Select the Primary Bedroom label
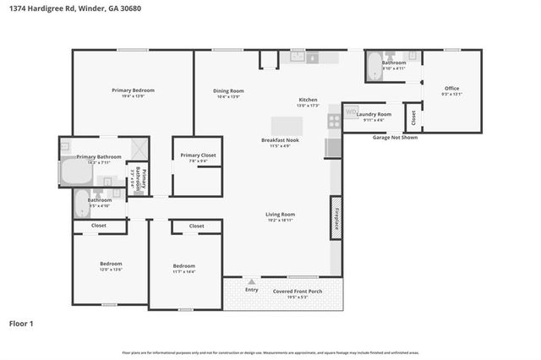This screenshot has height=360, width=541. point(133,90)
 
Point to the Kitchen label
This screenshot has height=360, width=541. point(307,100)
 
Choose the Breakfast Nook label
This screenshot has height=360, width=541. point(275,140)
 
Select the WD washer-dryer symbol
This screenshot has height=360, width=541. point(351,110)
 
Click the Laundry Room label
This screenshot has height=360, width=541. point(373,114)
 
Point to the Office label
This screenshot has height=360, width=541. point(452,88)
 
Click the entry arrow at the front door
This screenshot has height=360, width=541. point(251,281)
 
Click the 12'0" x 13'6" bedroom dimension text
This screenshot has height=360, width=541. point(111,270)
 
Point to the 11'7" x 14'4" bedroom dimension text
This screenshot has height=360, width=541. point(183,271)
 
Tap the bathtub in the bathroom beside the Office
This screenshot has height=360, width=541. point(374,68)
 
